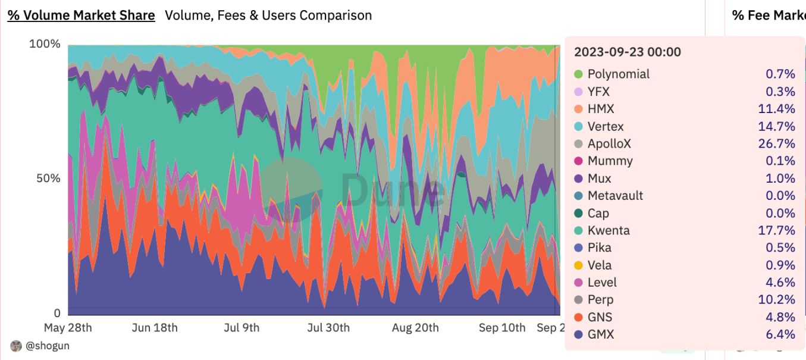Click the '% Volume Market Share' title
(x=81, y=15)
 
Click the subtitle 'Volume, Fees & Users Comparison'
(x=268, y=15)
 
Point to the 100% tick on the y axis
(x=45, y=44)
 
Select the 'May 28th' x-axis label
(x=68, y=328)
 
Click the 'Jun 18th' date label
(x=154, y=328)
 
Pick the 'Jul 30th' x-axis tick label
(x=328, y=328)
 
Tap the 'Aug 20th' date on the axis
(x=415, y=328)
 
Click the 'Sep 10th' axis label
(x=503, y=328)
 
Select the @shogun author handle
(x=48, y=346)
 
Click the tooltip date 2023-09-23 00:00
(x=627, y=52)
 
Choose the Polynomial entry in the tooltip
(x=618, y=74)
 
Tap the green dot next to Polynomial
(x=578, y=74)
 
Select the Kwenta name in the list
(x=609, y=231)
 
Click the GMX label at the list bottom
(x=600, y=335)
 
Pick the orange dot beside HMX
(x=578, y=109)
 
